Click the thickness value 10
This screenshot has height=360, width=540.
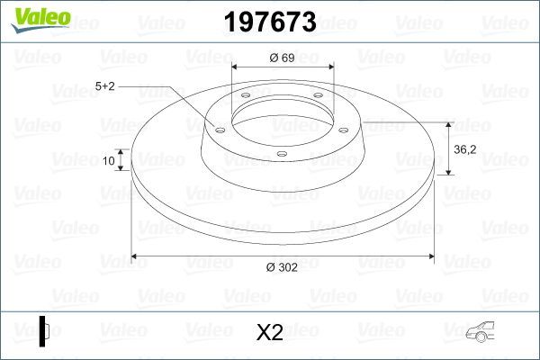coord(109,161)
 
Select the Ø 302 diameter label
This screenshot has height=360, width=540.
coord(283,267)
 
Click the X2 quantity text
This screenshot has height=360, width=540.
coord(270,333)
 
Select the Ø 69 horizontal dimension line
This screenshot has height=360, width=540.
coord(283,67)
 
